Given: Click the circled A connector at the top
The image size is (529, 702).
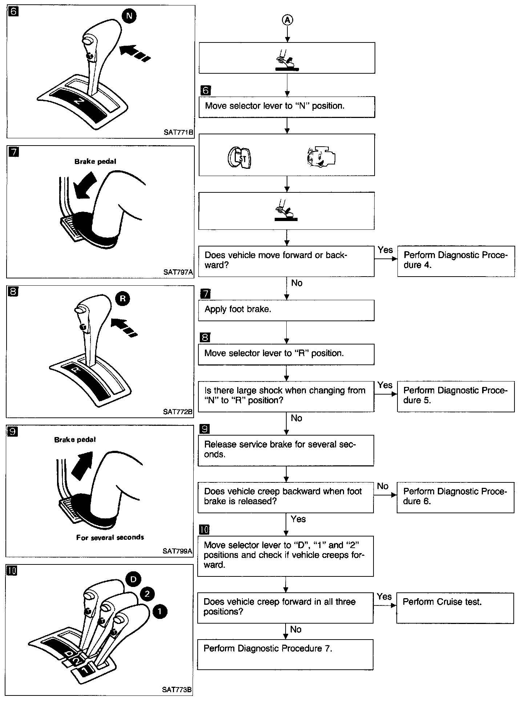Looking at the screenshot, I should (x=287, y=20).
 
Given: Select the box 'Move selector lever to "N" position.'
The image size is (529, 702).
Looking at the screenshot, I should (x=287, y=107).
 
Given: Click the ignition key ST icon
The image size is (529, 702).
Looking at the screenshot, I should (x=239, y=157).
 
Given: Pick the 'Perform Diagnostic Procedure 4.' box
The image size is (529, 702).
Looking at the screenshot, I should (x=456, y=261).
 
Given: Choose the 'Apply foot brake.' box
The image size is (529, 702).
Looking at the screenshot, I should (x=286, y=310).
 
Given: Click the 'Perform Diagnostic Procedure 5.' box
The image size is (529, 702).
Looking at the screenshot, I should (x=456, y=396).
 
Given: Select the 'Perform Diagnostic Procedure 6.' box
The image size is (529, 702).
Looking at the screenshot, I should (x=455, y=497).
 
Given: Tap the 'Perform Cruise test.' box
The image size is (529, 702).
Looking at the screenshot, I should (x=455, y=608).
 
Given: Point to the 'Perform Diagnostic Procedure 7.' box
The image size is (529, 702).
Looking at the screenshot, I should (x=285, y=654).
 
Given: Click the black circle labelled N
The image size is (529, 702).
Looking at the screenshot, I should (x=130, y=16).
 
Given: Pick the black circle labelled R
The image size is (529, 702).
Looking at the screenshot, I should (x=122, y=299).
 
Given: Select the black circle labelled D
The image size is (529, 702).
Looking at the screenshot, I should (x=133, y=579).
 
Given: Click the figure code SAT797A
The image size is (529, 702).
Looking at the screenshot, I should (x=178, y=272).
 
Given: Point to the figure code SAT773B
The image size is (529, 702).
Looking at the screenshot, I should (x=177, y=689).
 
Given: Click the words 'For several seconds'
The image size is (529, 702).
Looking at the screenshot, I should (x=110, y=537).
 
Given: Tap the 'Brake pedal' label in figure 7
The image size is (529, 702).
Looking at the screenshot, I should (x=95, y=162).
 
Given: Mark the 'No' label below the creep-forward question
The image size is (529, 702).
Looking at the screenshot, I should (x=296, y=629).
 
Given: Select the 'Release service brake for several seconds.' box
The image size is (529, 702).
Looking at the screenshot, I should (x=286, y=450).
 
